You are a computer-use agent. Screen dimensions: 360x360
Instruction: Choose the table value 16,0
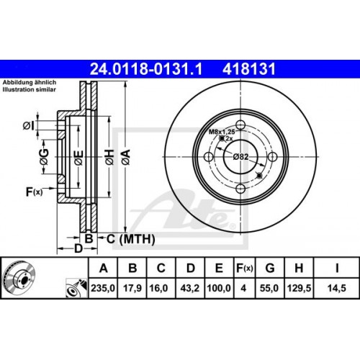click(162, 289)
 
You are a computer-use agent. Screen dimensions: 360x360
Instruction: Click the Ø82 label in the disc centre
click(240, 157)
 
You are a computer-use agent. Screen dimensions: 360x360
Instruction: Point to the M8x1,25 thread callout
click(222, 132)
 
